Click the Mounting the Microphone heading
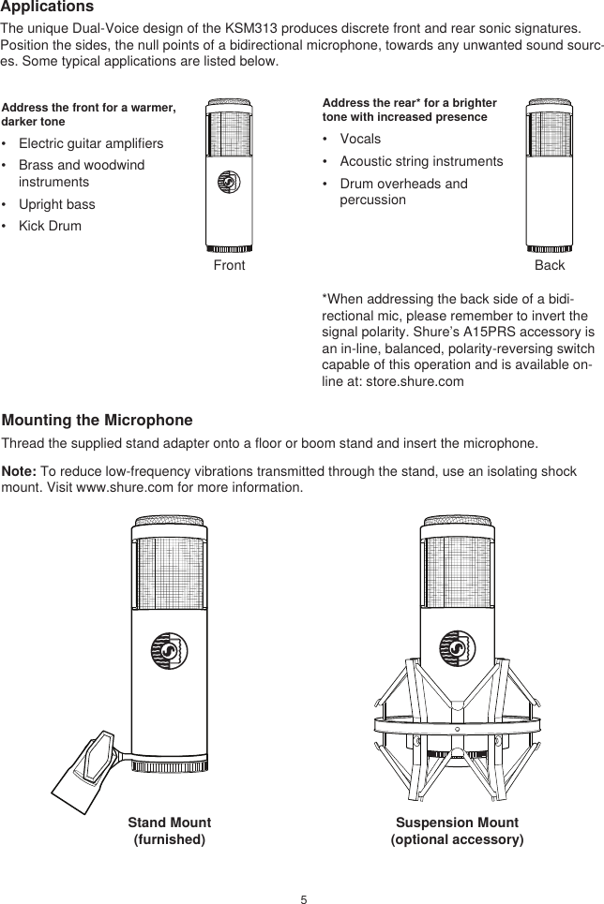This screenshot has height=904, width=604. pos(98,420)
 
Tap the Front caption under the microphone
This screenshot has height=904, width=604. pos(229,266)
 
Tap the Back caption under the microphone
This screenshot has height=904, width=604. pos(550,266)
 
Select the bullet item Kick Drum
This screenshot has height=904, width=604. pos(50,227)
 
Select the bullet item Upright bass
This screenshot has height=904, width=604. pos(56,204)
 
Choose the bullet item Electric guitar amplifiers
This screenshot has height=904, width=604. pos(90,144)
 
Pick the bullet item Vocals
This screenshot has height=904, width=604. pos(360,140)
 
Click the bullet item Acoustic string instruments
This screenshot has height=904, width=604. pos(420,162)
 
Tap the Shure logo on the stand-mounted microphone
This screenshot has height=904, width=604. pos(168,650)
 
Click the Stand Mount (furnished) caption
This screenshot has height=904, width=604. pos(169,831)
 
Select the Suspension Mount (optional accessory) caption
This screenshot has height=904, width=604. pos(457,831)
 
